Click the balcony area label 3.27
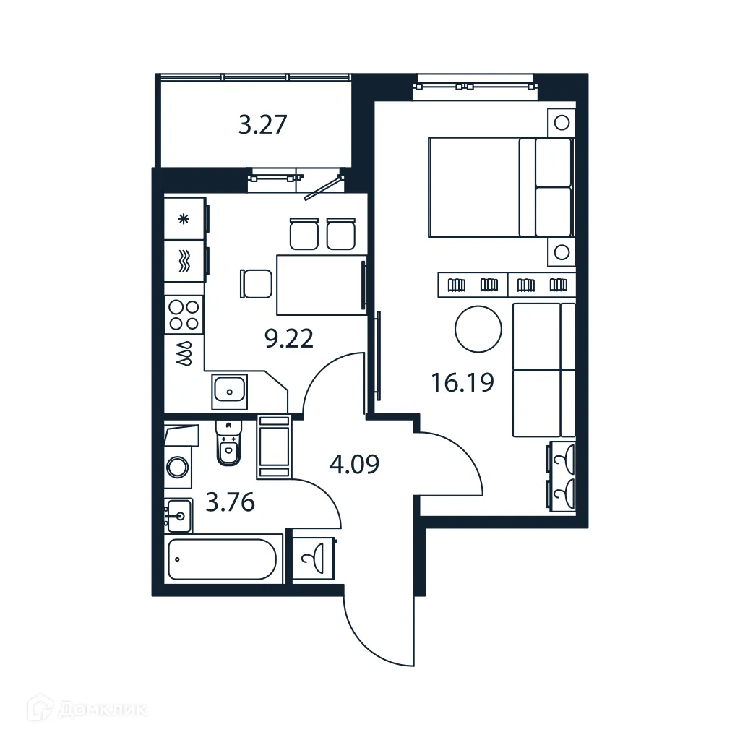pos(263,125)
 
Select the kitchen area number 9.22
pos(289,338)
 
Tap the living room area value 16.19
pos(462,382)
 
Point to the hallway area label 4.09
pos(354,463)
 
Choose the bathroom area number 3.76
pos(230,502)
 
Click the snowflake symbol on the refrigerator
pos(184,219)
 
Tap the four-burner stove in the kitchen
pos(184,315)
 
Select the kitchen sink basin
pos(230,392)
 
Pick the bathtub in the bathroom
pos(223,559)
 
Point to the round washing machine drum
pos(178,466)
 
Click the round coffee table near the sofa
pos(478,329)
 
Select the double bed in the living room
pos(500,187)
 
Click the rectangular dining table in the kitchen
pos(319,285)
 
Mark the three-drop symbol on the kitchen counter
pos(184,353)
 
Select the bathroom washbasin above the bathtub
pos(178,515)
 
